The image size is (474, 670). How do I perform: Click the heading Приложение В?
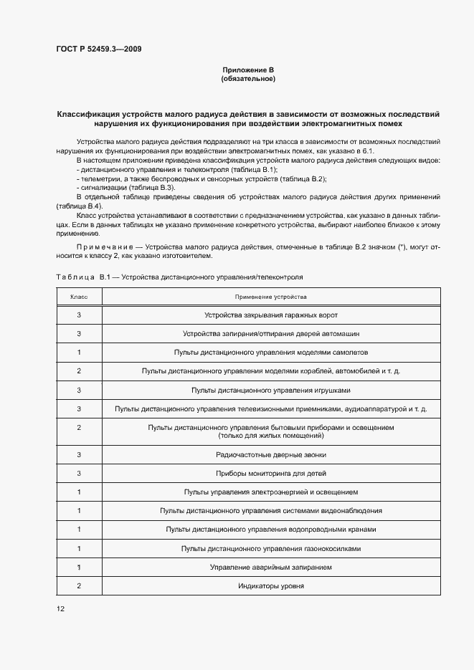click(249, 70)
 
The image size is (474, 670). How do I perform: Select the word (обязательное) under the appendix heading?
click(249, 79)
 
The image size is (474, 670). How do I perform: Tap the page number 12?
click(61, 608)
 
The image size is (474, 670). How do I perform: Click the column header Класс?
click(79, 296)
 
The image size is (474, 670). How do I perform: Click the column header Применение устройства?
click(270, 296)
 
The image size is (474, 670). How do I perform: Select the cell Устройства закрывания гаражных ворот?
click(270, 315)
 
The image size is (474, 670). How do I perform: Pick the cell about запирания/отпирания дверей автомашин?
click(270, 333)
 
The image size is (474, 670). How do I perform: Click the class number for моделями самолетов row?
click(79, 352)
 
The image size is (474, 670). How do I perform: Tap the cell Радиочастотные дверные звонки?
click(270, 454)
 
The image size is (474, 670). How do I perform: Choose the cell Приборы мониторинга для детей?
click(270, 473)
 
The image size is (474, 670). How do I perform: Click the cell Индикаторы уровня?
click(270, 585)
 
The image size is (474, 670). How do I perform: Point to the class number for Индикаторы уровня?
click(79, 585)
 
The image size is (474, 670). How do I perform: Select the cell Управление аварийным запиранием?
click(270, 567)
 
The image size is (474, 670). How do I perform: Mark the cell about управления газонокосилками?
click(270, 548)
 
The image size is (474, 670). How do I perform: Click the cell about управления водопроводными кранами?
click(270, 530)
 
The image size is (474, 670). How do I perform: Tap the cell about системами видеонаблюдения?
click(270, 510)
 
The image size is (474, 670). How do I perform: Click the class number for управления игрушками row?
click(79, 390)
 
